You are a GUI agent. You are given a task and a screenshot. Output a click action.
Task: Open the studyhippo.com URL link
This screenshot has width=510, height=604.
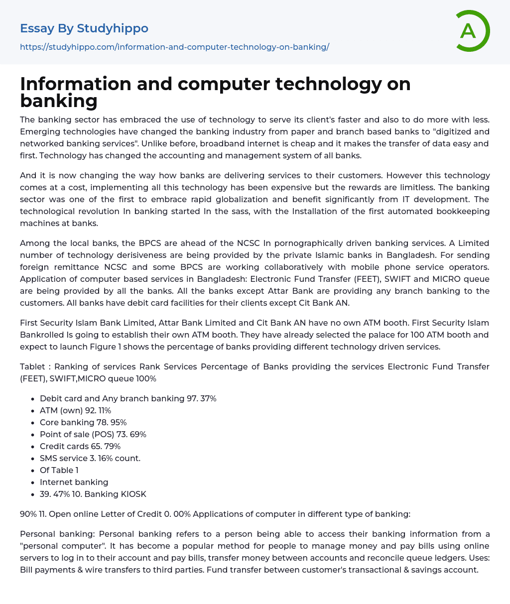[x=174, y=47]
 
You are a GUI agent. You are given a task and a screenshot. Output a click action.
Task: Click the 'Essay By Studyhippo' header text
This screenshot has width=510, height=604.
[x=84, y=28]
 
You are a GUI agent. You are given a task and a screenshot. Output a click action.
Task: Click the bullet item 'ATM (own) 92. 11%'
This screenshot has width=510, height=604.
[x=75, y=410]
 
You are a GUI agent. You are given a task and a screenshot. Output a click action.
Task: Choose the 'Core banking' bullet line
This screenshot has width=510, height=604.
[x=83, y=422]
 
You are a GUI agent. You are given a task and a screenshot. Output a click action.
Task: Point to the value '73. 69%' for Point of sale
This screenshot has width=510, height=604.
[x=131, y=434]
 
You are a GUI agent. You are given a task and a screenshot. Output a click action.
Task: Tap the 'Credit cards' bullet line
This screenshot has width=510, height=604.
[x=80, y=446]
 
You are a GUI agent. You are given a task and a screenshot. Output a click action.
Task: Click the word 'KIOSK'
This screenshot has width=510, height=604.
[x=132, y=494]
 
